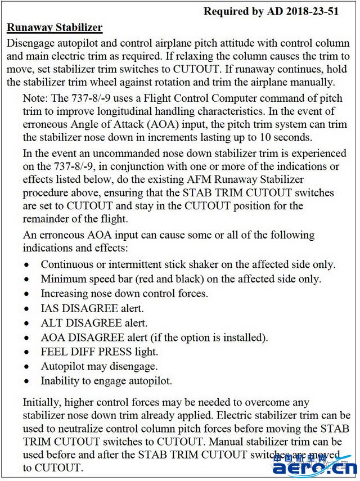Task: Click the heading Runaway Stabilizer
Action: tap(54, 28)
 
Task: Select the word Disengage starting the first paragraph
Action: tap(30, 43)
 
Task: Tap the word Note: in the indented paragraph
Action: tap(36, 98)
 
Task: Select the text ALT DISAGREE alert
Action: tap(94, 323)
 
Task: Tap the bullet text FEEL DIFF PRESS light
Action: tap(99, 352)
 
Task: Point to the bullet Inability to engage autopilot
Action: tap(106, 381)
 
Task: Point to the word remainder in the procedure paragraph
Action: tap(49, 219)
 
